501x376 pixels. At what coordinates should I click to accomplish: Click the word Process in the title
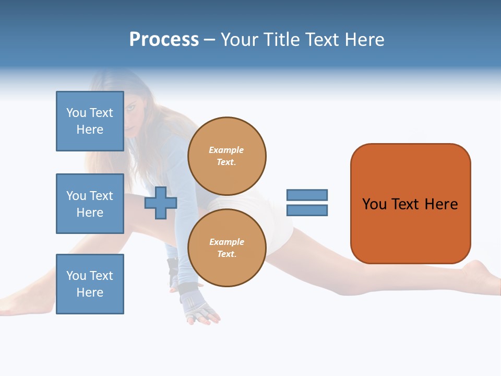[x=164, y=40]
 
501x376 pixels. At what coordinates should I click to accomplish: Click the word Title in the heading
[x=280, y=40]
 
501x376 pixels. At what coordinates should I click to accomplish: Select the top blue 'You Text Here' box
[x=90, y=121]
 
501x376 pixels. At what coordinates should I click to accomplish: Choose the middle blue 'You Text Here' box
[x=90, y=204]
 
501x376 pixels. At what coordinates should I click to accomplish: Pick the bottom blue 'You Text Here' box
[x=90, y=284]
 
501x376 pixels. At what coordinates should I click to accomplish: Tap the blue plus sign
[x=161, y=203]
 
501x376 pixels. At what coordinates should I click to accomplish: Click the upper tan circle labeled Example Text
[x=226, y=156]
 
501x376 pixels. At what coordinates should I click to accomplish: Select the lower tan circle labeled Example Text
[x=226, y=248]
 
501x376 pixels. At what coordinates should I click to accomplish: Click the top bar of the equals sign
[x=307, y=195]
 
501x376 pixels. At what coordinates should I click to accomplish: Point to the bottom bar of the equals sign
[x=307, y=210]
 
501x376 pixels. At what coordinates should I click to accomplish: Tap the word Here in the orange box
[x=441, y=204]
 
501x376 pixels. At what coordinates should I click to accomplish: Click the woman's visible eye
[x=132, y=108]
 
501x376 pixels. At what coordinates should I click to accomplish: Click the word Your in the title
[x=239, y=40]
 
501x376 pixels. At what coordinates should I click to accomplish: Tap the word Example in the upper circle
[x=226, y=150]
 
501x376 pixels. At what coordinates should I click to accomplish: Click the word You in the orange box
[x=374, y=204]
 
